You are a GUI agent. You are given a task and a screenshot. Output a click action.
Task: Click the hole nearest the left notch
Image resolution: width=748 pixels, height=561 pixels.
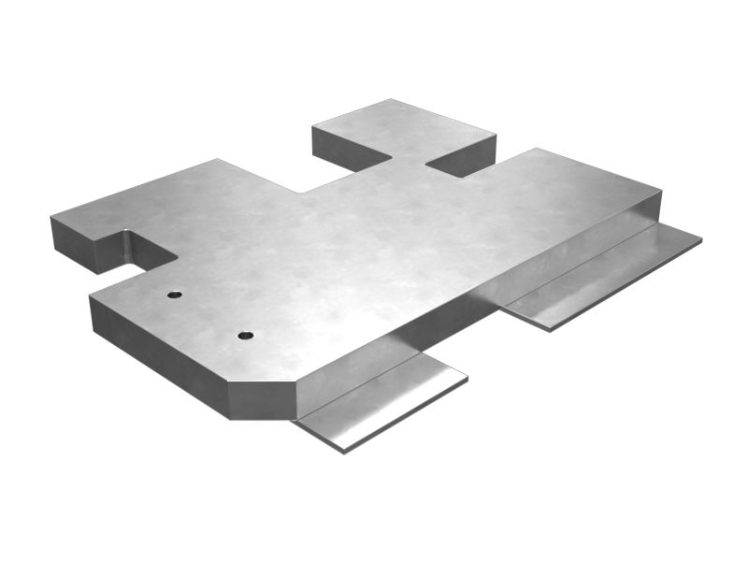174,295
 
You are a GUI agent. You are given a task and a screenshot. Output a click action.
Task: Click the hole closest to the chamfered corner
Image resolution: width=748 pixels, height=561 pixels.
245,335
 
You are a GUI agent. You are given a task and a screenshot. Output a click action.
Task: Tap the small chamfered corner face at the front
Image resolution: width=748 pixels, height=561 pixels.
264,399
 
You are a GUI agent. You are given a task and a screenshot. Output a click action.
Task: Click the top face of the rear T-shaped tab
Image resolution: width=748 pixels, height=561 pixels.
402,126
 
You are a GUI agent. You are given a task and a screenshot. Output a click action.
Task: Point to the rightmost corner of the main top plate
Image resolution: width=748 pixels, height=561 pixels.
660,192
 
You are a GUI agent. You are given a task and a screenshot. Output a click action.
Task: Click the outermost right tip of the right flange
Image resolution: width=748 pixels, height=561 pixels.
700,239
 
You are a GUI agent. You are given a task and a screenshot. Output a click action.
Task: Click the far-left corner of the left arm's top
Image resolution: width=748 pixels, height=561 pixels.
51,218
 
